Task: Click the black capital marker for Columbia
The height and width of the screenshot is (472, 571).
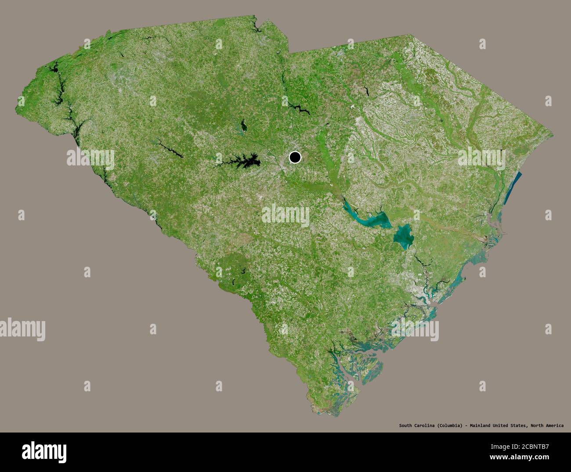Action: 295,157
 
